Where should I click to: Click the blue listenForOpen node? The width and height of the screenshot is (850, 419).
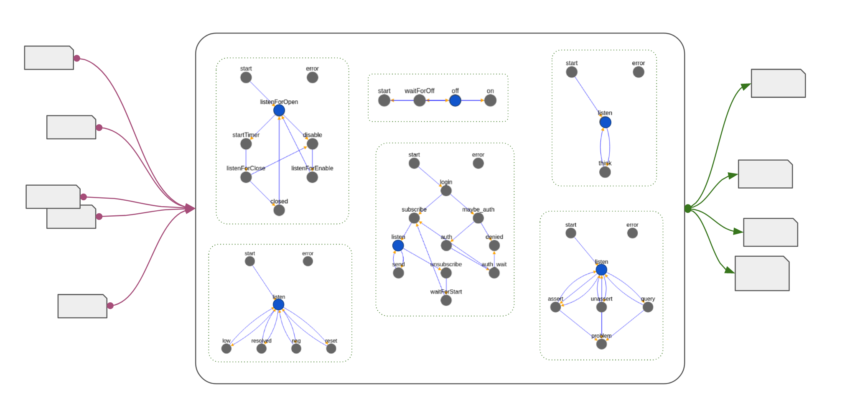(x=279, y=110)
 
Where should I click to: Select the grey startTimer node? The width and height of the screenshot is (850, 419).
(x=246, y=144)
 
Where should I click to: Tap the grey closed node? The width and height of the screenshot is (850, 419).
(x=279, y=210)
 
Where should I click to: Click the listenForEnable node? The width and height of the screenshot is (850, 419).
(x=312, y=177)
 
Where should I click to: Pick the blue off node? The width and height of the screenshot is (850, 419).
(x=455, y=100)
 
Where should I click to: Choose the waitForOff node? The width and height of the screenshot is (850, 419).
(x=420, y=100)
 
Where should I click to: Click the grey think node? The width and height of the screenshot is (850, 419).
(x=605, y=172)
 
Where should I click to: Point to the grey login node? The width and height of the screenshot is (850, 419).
(x=446, y=191)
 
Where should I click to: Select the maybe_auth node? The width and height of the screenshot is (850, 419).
(x=478, y=218)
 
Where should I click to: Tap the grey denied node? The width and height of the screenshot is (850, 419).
(x=494, y=245)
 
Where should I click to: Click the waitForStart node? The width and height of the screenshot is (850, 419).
(x=446, y=300)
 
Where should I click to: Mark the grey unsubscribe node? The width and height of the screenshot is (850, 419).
(x=446, y=273)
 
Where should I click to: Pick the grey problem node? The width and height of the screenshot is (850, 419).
(x=601, y=344)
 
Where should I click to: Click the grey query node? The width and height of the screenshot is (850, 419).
(x=648, y=307)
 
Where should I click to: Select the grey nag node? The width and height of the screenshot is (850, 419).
(x=296, y=349)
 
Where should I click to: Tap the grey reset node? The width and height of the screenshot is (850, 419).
(x=331, y=349)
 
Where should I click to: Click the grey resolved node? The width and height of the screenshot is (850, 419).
(x=262, y=349)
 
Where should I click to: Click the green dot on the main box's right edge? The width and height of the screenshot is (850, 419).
(x=688, y=208)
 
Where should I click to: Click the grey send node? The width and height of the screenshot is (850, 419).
(x=399, y=273)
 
